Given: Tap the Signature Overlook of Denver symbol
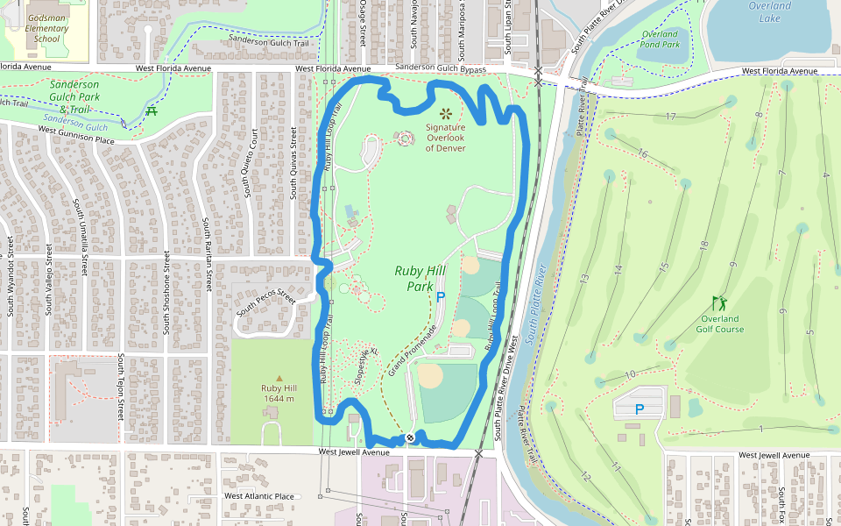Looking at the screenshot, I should click(446, 113).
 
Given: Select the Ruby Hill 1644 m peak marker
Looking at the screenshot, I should click(279, 378).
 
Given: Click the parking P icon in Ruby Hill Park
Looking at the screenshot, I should click(441, 297).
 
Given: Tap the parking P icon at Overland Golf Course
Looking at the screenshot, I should click(640, 409).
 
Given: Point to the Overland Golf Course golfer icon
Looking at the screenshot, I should click(719, 303).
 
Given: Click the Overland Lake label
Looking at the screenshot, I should click(769, 11).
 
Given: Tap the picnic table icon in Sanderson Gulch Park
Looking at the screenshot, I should click(152, 110).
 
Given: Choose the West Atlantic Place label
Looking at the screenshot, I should click(258, 496).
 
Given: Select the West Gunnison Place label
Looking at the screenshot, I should click(76, 135).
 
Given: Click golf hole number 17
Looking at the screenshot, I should click(671, 117).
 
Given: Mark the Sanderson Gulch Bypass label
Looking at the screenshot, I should click(441, 68).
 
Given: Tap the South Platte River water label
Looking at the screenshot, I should click(536, 302).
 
